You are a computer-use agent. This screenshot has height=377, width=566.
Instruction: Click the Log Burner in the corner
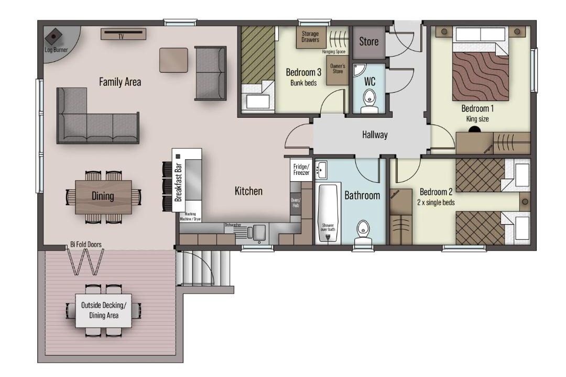click(x=54, y=37)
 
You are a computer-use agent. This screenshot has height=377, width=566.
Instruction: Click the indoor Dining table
click(x=103, y=197)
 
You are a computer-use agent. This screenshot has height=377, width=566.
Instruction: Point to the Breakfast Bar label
click(x=178, y=182)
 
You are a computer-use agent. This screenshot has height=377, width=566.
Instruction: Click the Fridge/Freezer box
click(x=301, y=170)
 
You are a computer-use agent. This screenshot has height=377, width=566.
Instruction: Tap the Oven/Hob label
click(x=296, y=203)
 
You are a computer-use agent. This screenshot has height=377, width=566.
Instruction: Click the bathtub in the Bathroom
click(x=328, y=214)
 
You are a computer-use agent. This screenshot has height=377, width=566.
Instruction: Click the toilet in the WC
click(x=369, y=101)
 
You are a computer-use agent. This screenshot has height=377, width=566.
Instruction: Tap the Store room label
click(x=368, y=41)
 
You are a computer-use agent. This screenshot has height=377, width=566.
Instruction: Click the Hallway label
click(x=375, y=135)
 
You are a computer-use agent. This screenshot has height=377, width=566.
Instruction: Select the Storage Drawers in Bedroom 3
click(x=311, y=37)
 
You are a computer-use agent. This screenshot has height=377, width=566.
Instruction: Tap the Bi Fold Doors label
click(x=86, y=244)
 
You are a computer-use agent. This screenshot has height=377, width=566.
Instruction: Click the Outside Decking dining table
click(x=103, y=311)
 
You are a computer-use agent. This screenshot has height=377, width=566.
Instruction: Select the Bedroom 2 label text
click(x=436, y=192)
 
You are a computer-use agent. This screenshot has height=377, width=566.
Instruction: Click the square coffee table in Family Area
click(x=173, y=60)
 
